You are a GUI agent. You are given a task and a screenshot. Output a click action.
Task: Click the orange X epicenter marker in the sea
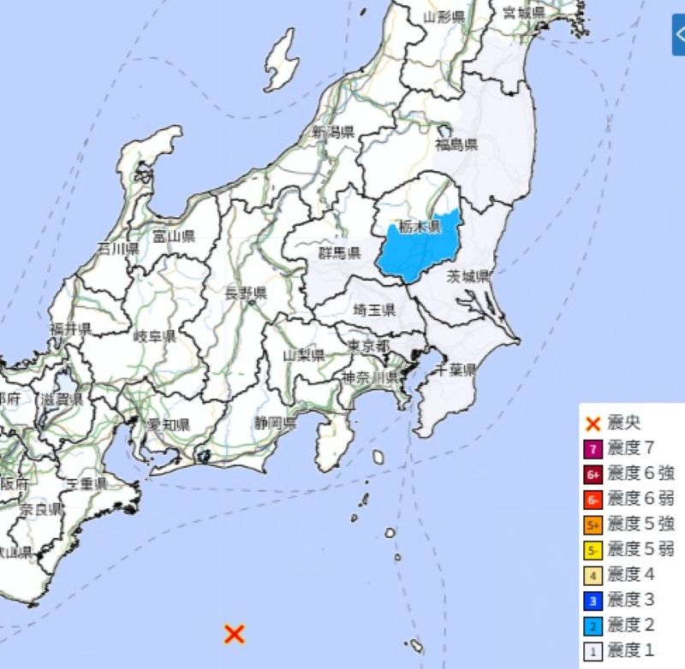(x=234, y=633)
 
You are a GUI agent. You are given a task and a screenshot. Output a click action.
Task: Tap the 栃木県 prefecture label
(x=420, y=227)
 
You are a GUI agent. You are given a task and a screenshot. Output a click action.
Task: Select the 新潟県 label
(x=333, y=132)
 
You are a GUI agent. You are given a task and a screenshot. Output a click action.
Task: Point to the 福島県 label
(x=456, y=145)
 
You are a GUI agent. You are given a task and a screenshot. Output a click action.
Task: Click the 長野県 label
(x=246, y=293)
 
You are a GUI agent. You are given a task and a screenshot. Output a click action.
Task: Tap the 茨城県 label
(x=468, y=275)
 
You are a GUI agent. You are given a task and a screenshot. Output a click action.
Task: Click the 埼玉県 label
(x=375, y=310)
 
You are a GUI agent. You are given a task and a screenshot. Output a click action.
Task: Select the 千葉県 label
(x=456, y=369)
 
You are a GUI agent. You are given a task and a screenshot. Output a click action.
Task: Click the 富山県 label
(x=174, y=235)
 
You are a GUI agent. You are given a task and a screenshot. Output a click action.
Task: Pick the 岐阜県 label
(x=155, y=335)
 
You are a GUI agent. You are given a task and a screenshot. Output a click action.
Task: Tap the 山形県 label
(x=444, y=17)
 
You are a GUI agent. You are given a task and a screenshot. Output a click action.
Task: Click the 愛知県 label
(x=169, y=425)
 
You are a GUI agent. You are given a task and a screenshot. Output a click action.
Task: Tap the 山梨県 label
(x=304, y=354)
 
